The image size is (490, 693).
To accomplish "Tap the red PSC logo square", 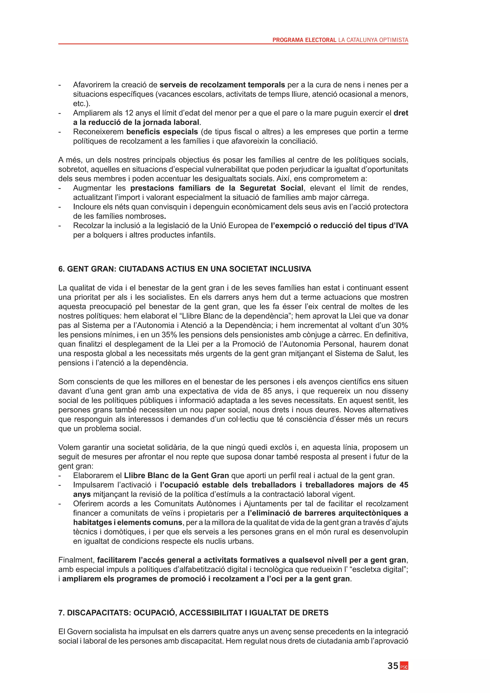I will tap(404, 666).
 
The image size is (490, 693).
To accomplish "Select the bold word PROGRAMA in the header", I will tap(288, 40).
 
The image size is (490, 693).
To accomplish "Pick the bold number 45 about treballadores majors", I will tap(403, 485).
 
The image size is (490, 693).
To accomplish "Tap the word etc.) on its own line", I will tap(81, 104).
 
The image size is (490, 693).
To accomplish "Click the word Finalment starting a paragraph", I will tap(76, 560).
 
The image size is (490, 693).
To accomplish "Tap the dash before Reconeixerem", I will tap(60, 132).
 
